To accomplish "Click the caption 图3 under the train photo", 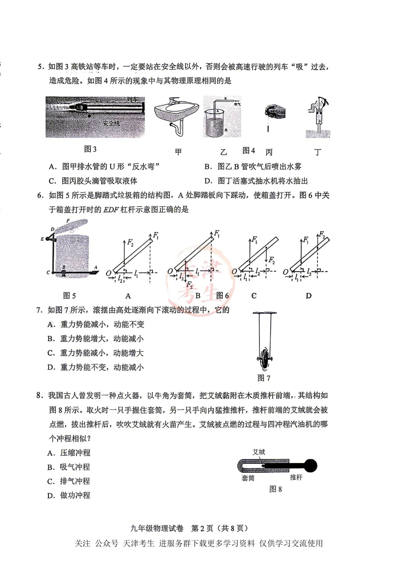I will pyautogui.click(x=90, y=149).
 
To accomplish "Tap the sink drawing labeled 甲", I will pyautogui.click(x=176, y=116).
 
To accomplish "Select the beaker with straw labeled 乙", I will pyautogui.click(x=221, y=118).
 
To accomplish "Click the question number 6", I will pyautogui.click(x=41, y=195).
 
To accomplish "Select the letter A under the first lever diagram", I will pyautogui.click(x=128, y=296).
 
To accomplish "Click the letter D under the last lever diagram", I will pyautogui.click(x=308, y=296).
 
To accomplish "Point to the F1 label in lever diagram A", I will pyautogui.click(x=156, y=235).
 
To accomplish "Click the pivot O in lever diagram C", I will pyautogui.click(x=235, y=272).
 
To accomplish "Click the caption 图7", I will pyautogui.click(x=264, y=378).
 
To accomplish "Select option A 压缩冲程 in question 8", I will pyautogui.click(x=69, y=453).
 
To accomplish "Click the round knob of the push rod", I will pyautogui.click(x=311, y=466).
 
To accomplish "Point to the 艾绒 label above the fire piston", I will pyautogui.click(x=259, y=452).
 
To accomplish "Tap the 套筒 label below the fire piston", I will pyautogui.click(x=248, y=478).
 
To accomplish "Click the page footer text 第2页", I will pyautogui.click(x=202, y=529).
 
